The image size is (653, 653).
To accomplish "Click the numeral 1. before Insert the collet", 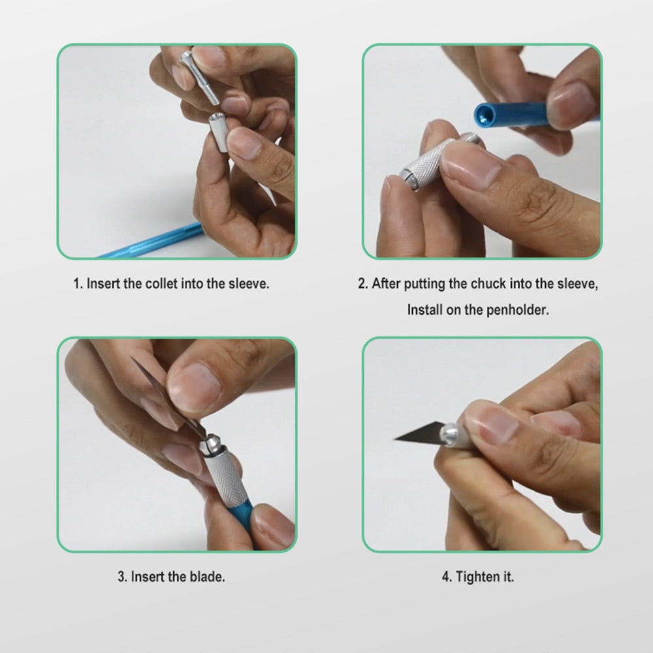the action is pyautogui.click(x=78, y=283).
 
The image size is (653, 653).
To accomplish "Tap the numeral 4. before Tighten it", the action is pyautogui.click(x=447, y=577).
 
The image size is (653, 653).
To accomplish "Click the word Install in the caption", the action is pyautogui.click(x=425, y=310).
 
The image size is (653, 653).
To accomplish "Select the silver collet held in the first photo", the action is pyautogui.click(x=199, y=77).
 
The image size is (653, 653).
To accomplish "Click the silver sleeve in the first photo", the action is pyautogui.click(x=218, y=132).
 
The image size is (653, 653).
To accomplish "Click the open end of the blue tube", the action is pyautogui.click(x=484, y=114).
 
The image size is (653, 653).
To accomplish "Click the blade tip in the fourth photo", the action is pyautogui.click(x=395, y=439).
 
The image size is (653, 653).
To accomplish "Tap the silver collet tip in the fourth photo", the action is pyautogui.click(x=449, y=435).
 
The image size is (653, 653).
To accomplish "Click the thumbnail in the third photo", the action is pyautogui.click(x=195, y=386).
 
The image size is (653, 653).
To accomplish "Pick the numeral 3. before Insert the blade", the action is pyautogui.click(x=123, y=577).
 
